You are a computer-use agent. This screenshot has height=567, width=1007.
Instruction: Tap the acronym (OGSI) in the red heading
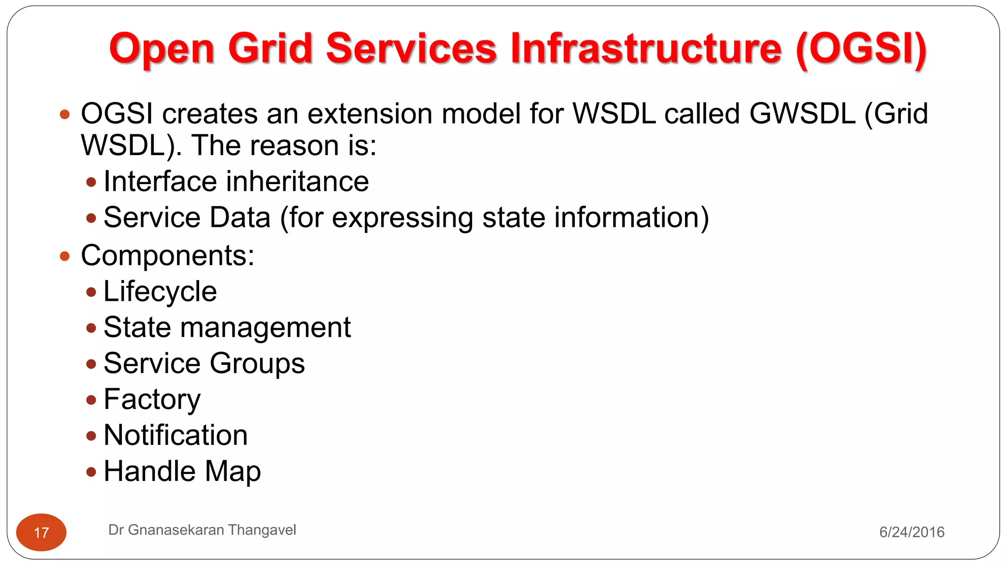click(x=861, y=49)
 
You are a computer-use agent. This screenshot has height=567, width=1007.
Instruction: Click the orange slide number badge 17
click(x=41, y=532)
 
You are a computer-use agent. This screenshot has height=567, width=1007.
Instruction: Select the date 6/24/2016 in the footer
click(x=912, y=532)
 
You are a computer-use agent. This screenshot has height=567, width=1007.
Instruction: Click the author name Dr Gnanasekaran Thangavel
click(x=202, y=530)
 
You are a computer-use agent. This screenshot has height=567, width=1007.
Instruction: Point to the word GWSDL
click(x=802, y=114)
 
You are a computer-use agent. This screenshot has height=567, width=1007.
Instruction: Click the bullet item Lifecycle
click(x=160, y=291)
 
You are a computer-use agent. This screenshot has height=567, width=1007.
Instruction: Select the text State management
click(x=227, y=327)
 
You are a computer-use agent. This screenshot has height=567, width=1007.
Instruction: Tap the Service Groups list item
click(x=204, y=363)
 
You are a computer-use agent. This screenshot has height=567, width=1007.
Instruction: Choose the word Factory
click(x=152, y=399)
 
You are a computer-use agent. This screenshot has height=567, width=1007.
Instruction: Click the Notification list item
click(x=176, y=435)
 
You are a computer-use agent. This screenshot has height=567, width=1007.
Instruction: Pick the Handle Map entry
click(x=182, y=471)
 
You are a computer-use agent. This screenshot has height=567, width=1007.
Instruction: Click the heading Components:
click(x=168, y=255)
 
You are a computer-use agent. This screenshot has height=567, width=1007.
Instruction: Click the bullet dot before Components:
click(x=64, y=256)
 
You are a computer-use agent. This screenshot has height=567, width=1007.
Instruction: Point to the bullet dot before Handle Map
click(x=91, y=472)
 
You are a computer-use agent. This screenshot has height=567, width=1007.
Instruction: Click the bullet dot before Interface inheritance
click(x=91, y=182)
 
